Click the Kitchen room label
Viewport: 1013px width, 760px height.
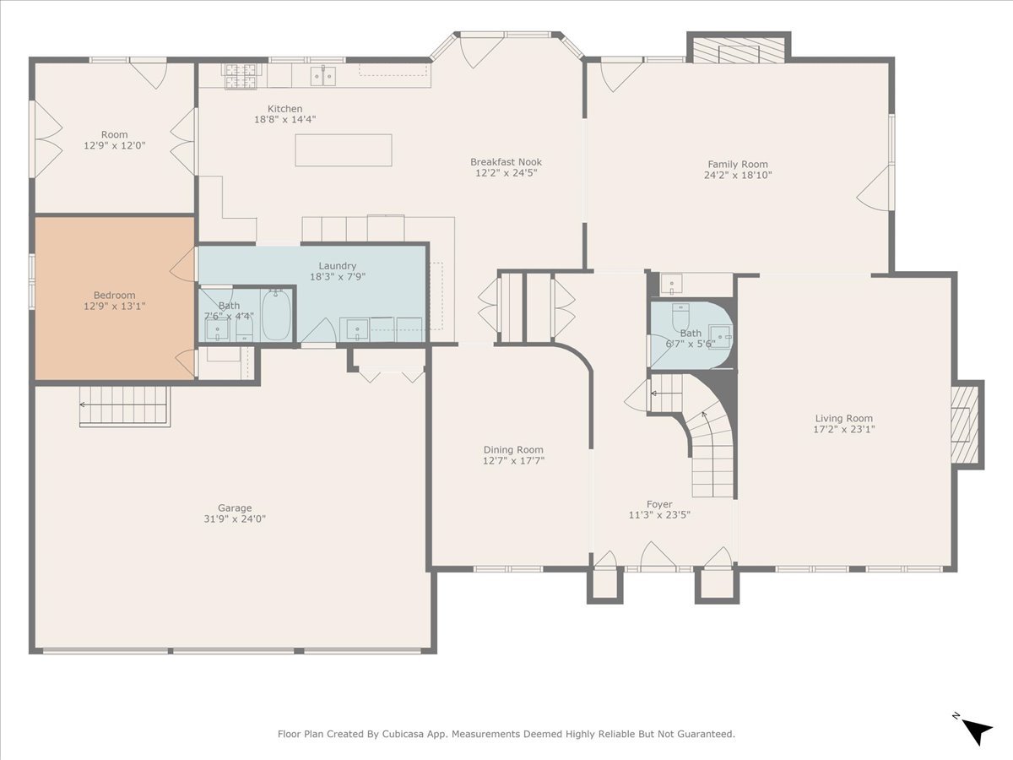pyautogui.click(x=284, y=109)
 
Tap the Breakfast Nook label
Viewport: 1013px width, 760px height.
pyautogui.click(x=506, y=162)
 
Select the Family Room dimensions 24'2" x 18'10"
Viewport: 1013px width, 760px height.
pyautogui.click(x=738, y=175)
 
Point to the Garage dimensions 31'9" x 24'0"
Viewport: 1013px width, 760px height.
pyautogui.click(x=235, y=518)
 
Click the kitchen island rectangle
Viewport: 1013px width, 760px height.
pyautogui.click(x=344, y=150)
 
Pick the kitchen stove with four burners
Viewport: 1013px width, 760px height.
pyautogui.click(x=241, y=76)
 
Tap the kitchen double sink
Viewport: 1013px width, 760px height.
pyautogui.click(x=323, y=76)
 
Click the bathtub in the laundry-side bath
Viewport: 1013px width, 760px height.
pyautogui.click(x=276, y=315)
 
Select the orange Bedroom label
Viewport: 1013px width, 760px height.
pyautogui.click(x=115, y=295)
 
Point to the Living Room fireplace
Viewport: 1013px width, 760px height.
pyautogui.click(x=964, y=425)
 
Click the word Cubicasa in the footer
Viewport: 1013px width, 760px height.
pyautogui.click(x=401, y=734)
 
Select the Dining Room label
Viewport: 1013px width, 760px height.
pyautogui.click(x=513, y=449)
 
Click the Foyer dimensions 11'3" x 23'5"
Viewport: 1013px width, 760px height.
pyautogui.click(x=659, y=514)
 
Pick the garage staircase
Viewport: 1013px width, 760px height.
pyautogui.click(x=125, y=405)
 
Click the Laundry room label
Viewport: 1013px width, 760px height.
pyautogui.click(x=338, y=266)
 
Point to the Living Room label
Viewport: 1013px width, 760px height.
pyautogui.click(x=843, y=419)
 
